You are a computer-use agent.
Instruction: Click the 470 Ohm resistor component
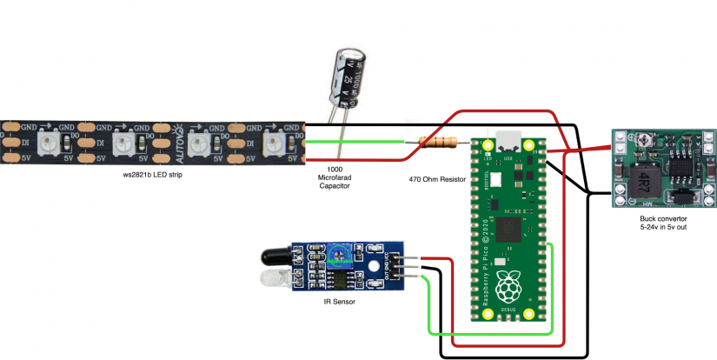click(438, 142)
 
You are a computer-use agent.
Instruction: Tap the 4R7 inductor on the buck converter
click(644, 181)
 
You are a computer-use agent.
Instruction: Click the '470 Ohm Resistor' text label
click(437, 179)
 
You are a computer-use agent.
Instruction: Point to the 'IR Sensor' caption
click(339, 302)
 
